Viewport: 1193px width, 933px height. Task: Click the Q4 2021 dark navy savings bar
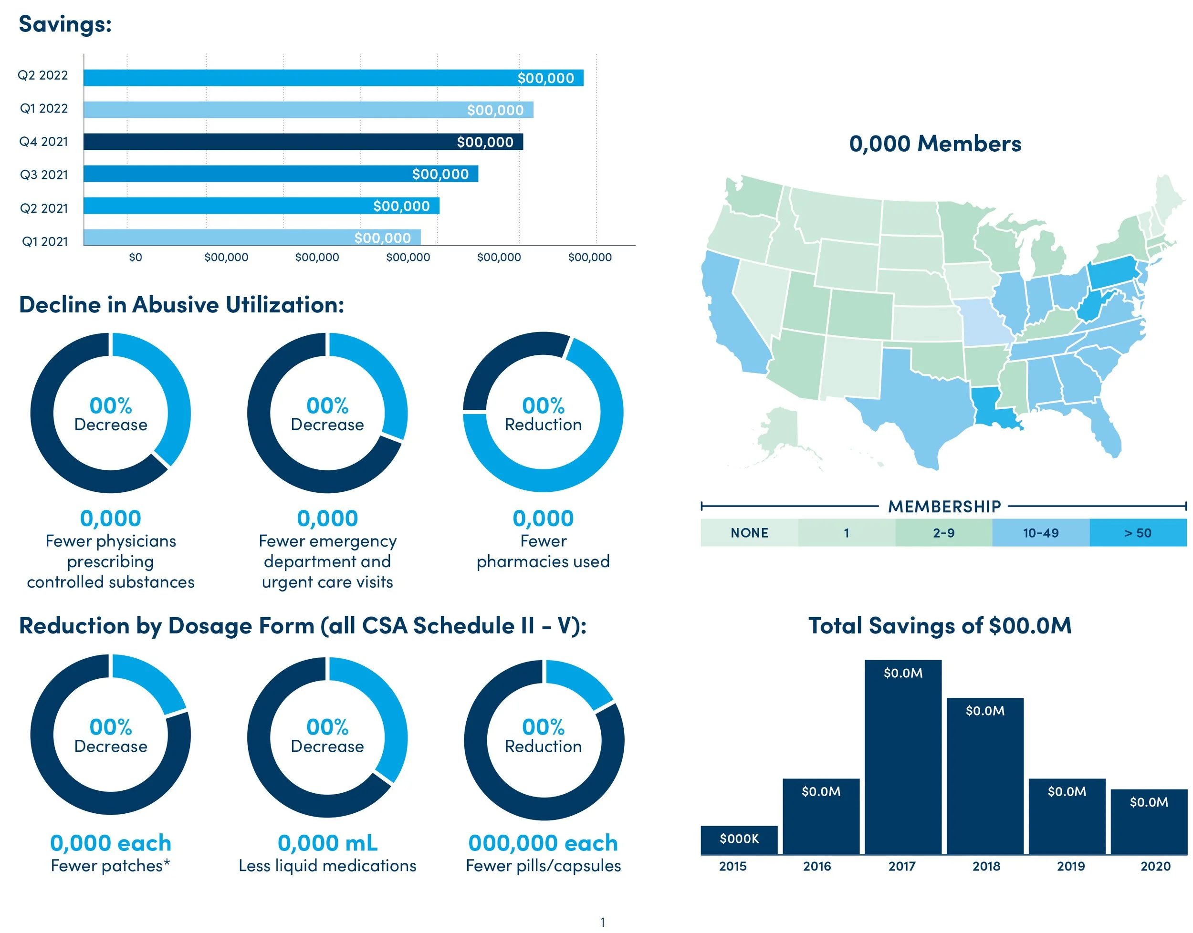click(303, 142)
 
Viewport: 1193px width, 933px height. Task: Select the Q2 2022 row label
click(43, 75)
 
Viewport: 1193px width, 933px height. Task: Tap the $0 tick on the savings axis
click(135, 257)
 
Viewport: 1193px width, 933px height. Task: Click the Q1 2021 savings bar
click(251, 238)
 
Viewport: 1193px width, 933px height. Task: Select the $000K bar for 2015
click(739, 840)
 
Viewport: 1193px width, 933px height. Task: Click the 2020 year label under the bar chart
click(1155, 866)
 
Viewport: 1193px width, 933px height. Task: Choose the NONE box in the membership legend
click(749, 533)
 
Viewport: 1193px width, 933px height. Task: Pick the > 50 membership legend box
click(1138, 533)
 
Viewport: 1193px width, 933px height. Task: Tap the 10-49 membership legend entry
click(1040, 533)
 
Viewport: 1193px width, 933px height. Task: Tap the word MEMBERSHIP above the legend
click(944, 507)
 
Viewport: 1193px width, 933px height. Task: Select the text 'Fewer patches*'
click(110, 866)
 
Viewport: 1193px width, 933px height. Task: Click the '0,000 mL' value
click(327, 843)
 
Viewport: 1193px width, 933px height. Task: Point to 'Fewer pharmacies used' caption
click(543, 551)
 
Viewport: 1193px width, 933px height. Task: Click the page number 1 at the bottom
click(602, 923)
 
